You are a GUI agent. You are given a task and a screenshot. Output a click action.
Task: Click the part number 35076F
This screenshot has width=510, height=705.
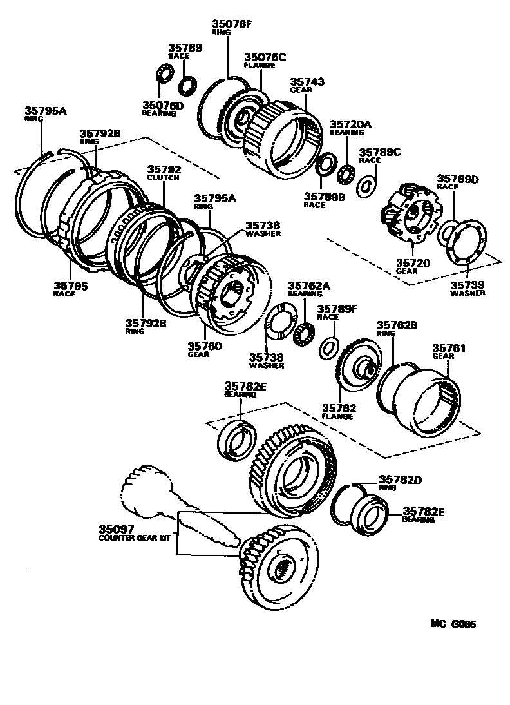click(x=232, y=26)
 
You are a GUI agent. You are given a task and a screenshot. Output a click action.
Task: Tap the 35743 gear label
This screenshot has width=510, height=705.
click(x=307, y=82)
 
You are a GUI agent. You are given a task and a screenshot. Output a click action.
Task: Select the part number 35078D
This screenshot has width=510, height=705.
click(x=163, y=104)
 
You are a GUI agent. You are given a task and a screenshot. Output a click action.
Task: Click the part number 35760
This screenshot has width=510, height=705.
click(x=205, y=346)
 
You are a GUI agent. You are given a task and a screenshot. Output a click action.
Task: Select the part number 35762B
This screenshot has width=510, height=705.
click(x=393, y=325)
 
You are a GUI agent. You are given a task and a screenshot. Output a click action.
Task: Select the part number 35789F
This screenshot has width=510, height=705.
click(x=335, y=309)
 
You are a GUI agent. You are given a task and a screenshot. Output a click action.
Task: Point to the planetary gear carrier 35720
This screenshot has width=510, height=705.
click(x=410, y=214)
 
